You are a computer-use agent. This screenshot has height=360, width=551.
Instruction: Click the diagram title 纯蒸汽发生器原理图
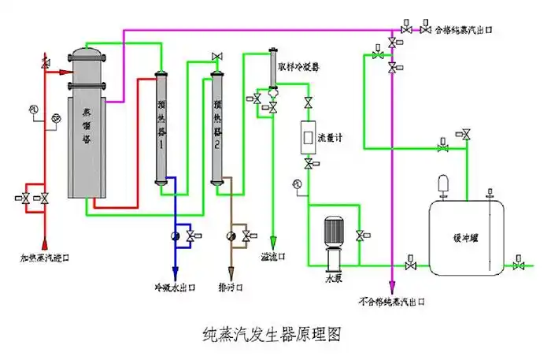click(x=272, y=334)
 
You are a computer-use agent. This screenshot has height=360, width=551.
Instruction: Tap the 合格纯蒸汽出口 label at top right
click(x=464, y=29)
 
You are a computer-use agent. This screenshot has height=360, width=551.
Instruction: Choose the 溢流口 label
click(x=273, y=257)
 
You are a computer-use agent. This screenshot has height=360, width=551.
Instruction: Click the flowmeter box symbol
click(x=306, y=138)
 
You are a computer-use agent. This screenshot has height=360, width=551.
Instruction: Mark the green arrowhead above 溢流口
click(x=273, y=243)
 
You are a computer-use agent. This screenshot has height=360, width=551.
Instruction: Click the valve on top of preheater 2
click(x=217, y=56)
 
